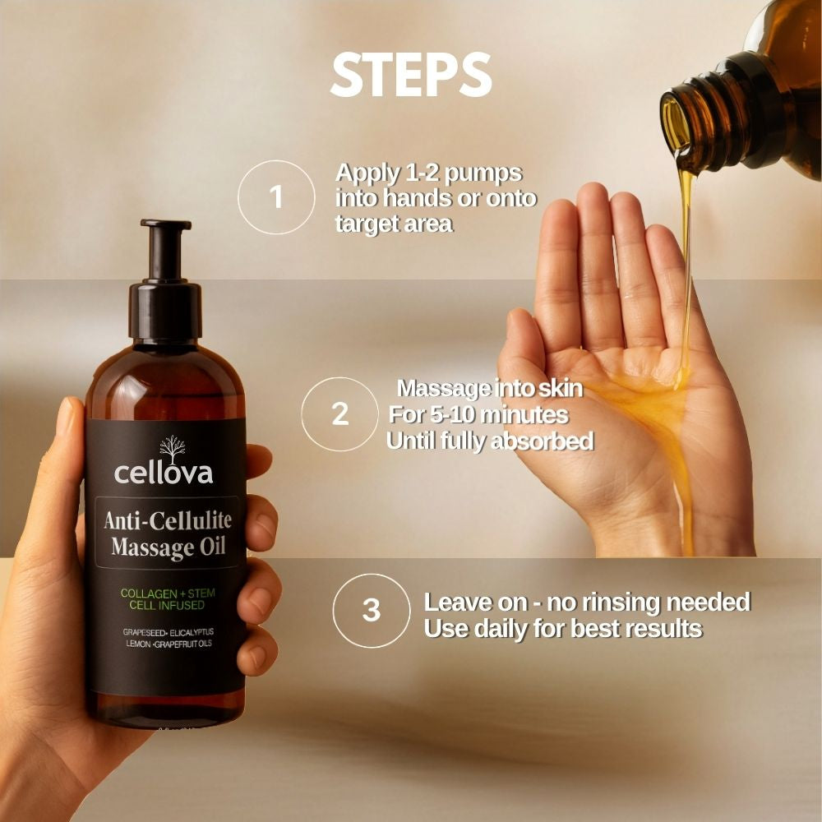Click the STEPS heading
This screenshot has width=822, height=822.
pos(410,76)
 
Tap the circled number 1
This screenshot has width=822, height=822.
pos(276,198)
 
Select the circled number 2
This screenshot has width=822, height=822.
pos(339,414)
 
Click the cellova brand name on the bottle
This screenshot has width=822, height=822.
pos(164,473)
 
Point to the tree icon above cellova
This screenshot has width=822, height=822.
pos(172,448)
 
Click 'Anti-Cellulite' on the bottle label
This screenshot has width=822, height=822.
pos(168,520)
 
